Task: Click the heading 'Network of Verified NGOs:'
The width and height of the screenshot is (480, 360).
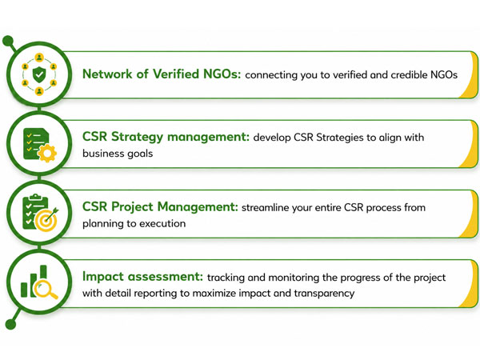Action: tap(162, 74)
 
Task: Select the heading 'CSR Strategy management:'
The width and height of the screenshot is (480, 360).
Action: tap(166, 137)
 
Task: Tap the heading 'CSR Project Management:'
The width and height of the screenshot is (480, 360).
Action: tap(160, 207)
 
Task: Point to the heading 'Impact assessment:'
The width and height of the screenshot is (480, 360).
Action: tap(142, 277)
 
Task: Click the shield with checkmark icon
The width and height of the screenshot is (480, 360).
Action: tap(39, 74)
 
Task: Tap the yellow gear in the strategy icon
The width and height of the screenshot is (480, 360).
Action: tap(47, 153)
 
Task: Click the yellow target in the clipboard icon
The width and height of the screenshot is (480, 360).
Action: tap(46, 221)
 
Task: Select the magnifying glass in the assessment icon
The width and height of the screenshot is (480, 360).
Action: tap(46, 290)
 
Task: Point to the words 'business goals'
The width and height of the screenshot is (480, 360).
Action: tap(118, 153)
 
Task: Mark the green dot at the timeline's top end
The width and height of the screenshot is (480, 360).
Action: tap(8, 41)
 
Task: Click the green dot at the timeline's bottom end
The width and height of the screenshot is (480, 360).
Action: tap(10, 324)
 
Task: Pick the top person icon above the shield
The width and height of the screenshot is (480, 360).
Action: tap(39, 58)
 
